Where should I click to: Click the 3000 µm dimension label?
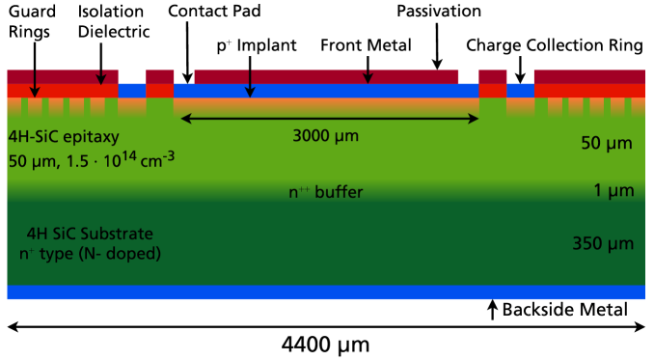pos(325,136)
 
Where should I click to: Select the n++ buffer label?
pos(326,192)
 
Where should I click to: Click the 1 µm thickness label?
pos(613,191)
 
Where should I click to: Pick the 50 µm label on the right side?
pos(606,144)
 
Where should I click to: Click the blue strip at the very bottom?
pos(325,292)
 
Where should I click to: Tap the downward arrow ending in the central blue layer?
pos(250,91)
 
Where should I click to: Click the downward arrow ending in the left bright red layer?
pos(35,91)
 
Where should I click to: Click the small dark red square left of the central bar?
pos(160,76)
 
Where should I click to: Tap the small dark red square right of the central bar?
pos(492,76)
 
